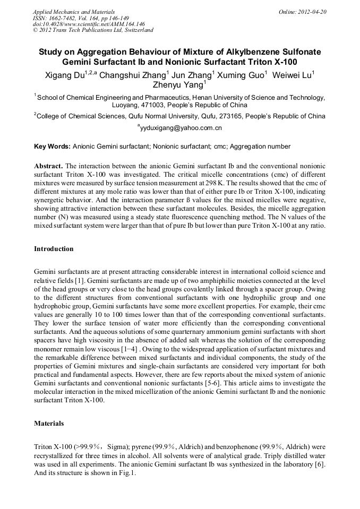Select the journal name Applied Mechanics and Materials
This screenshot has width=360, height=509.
tap(73, 12)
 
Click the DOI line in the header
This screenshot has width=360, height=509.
tap(89, 24)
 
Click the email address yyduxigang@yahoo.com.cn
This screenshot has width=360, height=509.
tap(181, 128)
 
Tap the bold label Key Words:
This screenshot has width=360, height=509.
tap(52, 146)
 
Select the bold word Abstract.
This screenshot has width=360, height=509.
tap(48, 166)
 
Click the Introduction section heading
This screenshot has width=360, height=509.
tap(54, 248)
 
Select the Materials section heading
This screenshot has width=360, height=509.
tap(49, 424)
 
